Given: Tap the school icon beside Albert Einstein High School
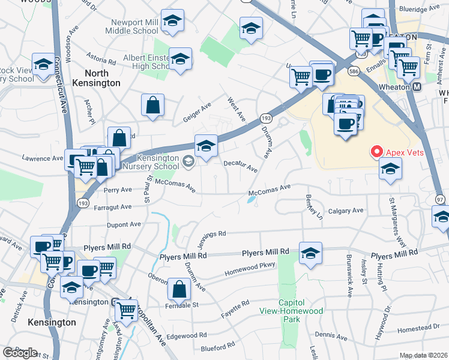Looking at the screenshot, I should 180,59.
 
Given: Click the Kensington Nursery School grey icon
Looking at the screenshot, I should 188,160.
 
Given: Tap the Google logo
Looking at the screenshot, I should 20,353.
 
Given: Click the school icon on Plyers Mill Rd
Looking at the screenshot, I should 310,253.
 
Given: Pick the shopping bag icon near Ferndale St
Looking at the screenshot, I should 179,289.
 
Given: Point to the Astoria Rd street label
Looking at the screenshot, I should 101,61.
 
